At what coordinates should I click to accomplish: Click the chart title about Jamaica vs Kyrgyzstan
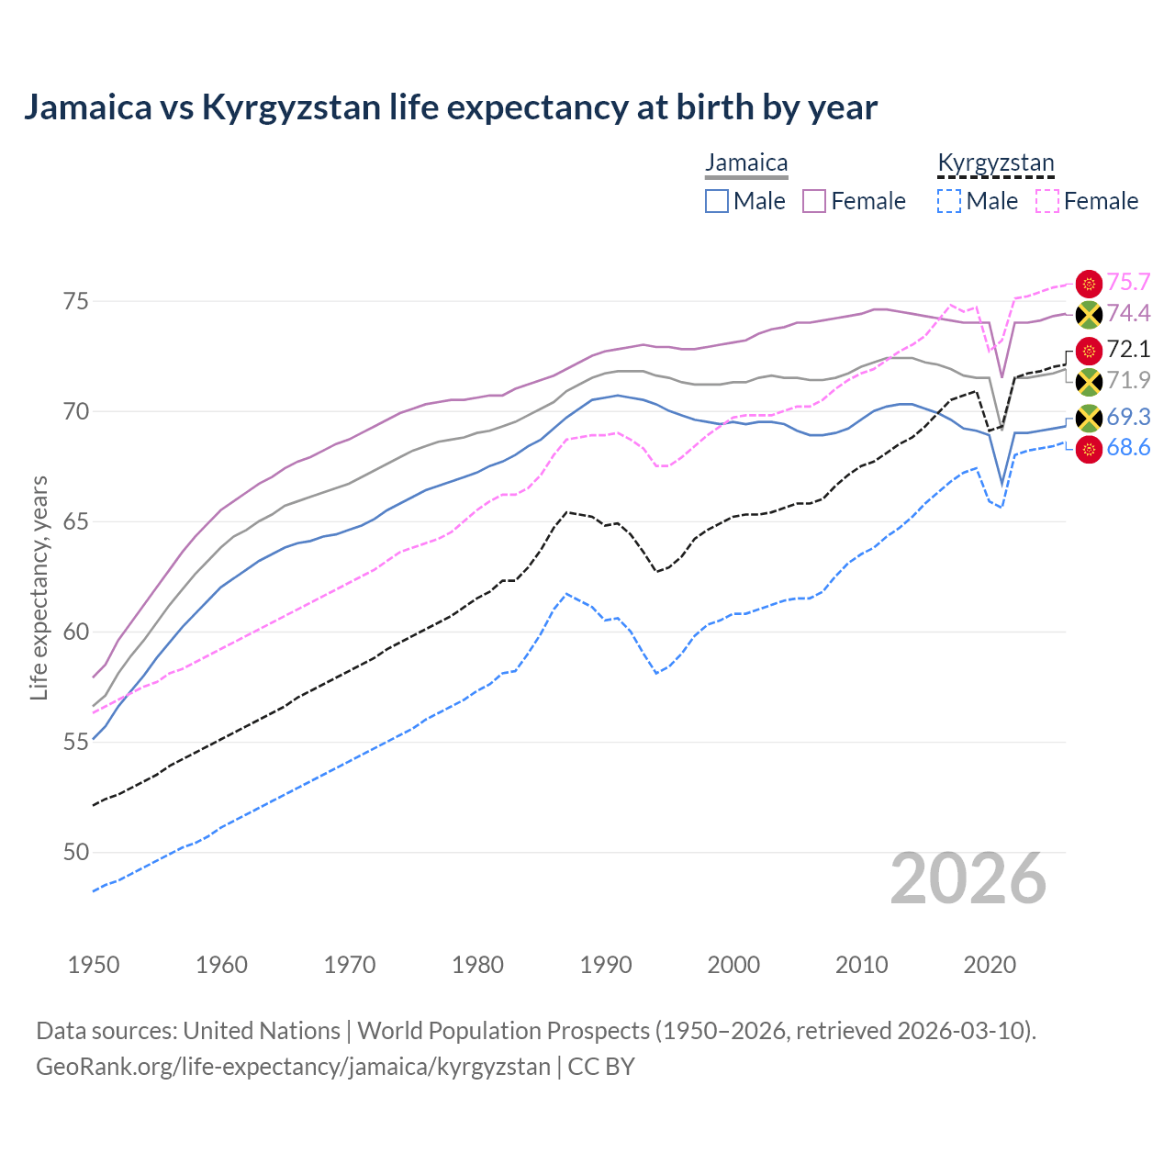point(450,107)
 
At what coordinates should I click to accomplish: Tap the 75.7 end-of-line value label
point(1128,282)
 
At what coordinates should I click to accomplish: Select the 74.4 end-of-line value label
point(1128,313)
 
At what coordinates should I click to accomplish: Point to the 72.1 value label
point(1128,349)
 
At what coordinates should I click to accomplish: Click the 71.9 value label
point(1128,380)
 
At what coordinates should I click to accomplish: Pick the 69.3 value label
point(1128,417)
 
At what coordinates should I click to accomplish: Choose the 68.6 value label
point(1128,448)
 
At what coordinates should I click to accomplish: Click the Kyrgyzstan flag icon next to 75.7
point(1089,284)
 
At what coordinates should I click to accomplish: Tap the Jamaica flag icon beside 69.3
point(1089,419)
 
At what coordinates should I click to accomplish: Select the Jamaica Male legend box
point(717,201)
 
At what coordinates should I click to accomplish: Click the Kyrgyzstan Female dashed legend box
point(1047,201)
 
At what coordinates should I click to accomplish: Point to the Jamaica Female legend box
point(814,201)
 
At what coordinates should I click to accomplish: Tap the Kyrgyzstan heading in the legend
point(995,163)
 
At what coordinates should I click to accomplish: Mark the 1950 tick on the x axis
point(94,965)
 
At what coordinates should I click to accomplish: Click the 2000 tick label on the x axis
point(733,965)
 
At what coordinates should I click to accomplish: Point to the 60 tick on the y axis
point(76,632)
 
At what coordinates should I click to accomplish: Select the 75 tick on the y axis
point(76,301)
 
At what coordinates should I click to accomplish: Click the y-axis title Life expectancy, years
point(39,587)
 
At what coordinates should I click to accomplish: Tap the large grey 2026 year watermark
point(968,878)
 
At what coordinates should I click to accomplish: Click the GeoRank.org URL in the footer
point(293,1067)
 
